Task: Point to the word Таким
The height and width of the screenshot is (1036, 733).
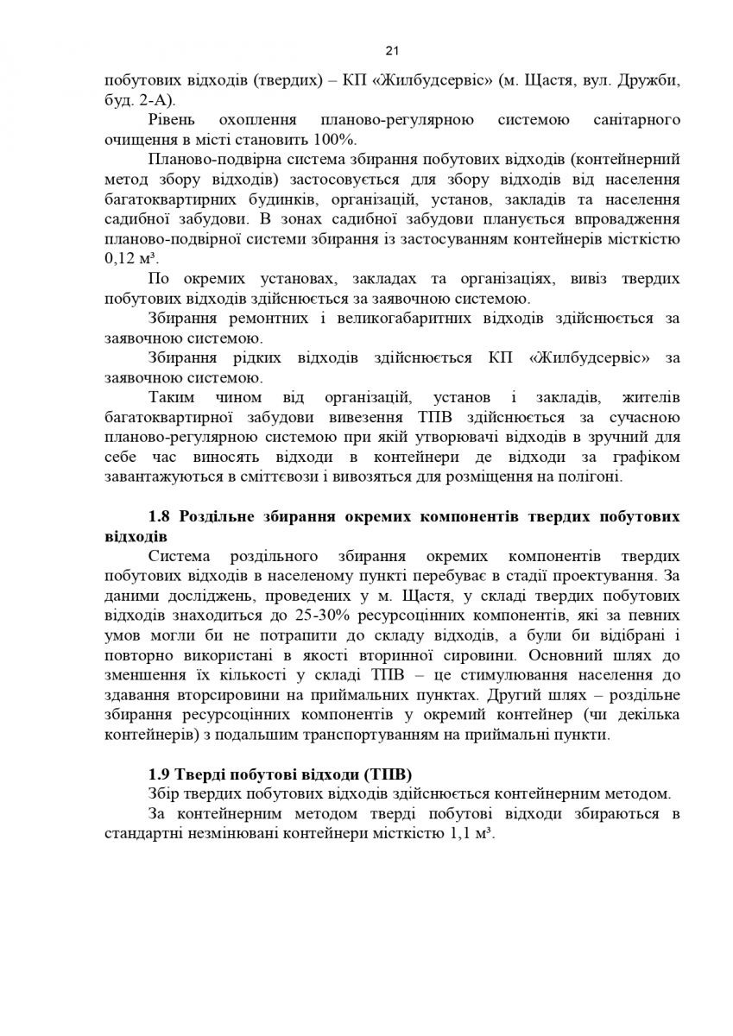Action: coord(172,397)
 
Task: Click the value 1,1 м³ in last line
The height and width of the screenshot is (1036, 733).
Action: coord(474,834)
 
